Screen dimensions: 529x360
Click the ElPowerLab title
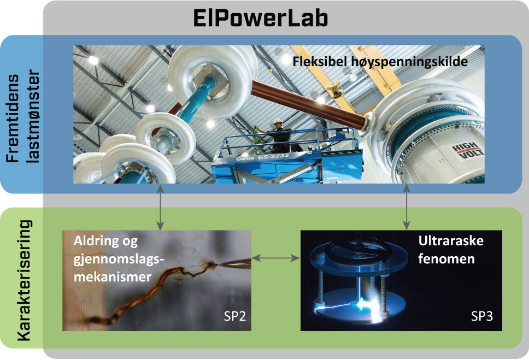[x=261, y=18]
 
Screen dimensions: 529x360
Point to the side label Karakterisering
[x=24, y=280]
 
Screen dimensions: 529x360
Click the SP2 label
[x=235, y=316]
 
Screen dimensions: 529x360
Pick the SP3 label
[x=482, y=316]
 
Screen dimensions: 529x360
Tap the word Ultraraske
[x=451, y=240]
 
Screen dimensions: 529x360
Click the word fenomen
[x=446, y=259]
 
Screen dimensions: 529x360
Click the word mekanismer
[x=113, y=276]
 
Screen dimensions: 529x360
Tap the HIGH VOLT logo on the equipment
[x=467, y=150]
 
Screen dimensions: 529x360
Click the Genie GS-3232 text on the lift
[x=262, y=157]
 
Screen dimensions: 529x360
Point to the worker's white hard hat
[x=277, y=121]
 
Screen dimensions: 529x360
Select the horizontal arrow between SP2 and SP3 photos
[x=275, y=258]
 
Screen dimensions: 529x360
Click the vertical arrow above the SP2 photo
[x=161, y=207]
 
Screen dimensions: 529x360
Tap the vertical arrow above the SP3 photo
[x=407, y=207]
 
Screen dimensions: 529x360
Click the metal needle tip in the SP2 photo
[x=233, y=263]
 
